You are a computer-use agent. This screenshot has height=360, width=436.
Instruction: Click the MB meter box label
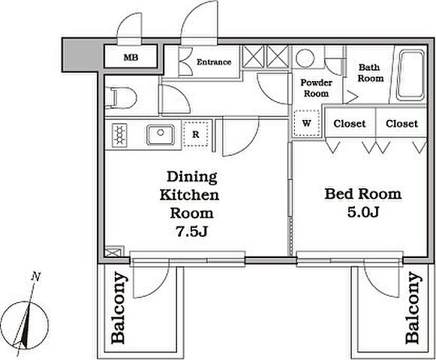click(x=131, y=58)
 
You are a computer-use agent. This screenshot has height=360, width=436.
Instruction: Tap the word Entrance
click(x=214, y=61)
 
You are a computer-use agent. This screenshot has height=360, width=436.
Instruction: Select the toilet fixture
click(x=122, y=97)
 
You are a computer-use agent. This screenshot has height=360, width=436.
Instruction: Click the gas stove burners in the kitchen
click(x=119, y=136)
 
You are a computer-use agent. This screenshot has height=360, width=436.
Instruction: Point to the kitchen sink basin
click(x=161, y=135)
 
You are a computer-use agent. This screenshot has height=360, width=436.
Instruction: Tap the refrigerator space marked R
click(x=196, y=134)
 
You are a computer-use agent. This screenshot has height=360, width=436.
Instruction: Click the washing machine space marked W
click(x=307, y=123)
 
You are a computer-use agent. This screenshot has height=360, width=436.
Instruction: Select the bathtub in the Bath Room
click(x=411, y=75)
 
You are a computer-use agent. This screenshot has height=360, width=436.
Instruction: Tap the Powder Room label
click(x=316, y=88)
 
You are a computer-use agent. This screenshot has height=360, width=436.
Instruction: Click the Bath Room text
click(x=371, y=73)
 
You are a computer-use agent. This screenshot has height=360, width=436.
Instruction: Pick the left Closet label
click(x=350, y=124)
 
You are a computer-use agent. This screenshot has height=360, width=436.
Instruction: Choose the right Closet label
click(x=401, y=124)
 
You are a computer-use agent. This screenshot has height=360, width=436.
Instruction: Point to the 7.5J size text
click(x=192, y=231)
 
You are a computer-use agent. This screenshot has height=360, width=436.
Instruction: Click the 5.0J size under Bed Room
click(x=363, y=212)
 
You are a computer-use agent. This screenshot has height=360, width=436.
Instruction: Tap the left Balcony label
click(x=118, y=308)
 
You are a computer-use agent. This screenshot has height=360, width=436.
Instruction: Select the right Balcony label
click(x=412, y=308)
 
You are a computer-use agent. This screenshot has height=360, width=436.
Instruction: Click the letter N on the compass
click(x=35, y=277)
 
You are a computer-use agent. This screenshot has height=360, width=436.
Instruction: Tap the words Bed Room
click(x=363, y=193)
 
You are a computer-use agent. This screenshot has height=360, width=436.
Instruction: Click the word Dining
click(x=192, y=177)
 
